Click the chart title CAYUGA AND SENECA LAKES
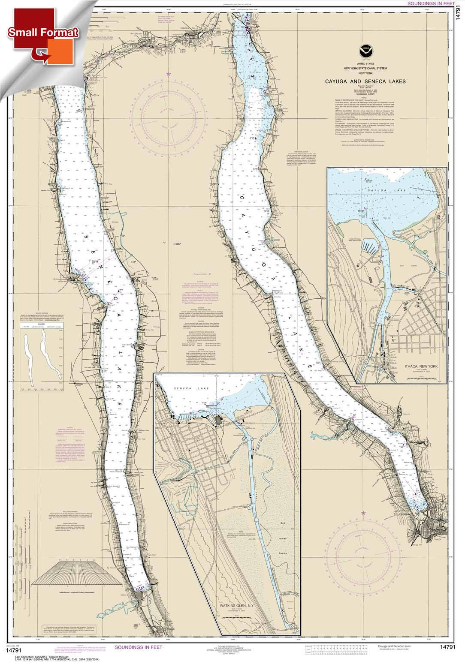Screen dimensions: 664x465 point(365,81)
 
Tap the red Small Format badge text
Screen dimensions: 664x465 point(43,33)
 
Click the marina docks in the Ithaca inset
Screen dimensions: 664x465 point(371,248)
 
